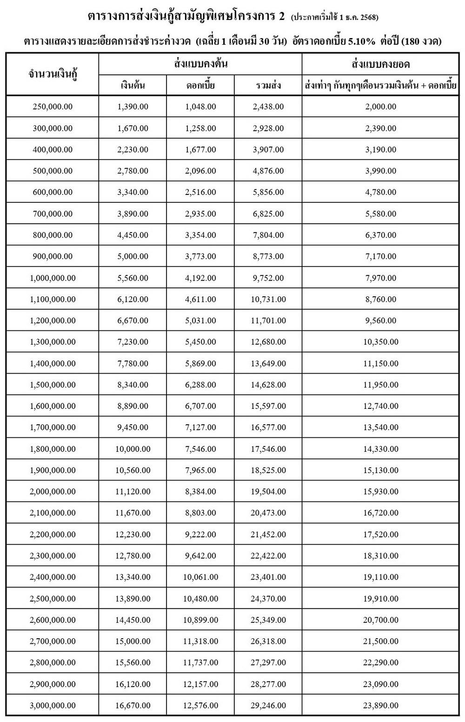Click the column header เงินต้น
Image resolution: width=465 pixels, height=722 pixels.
[133, 86]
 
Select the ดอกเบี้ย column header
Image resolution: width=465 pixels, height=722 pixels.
[200, 86]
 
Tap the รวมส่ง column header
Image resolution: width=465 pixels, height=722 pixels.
[268, 86]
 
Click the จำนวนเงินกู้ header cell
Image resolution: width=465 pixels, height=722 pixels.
[53, 74]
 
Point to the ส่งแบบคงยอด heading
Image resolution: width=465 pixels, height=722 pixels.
[380, 64]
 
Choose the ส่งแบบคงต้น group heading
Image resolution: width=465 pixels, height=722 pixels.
[200, 64]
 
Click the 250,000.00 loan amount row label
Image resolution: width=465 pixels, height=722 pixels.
[53, 107]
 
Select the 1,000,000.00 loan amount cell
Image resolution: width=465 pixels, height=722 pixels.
[53, 278]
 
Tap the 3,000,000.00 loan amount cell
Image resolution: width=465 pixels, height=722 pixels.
[53, 705]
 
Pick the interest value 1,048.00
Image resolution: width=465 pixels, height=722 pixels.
[200, 107]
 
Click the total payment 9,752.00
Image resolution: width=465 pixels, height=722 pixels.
[268, 278]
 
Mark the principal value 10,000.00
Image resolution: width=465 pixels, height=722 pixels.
[133, 449]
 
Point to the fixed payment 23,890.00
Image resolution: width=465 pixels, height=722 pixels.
[380, 705]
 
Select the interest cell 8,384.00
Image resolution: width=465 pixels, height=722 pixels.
[200, 492]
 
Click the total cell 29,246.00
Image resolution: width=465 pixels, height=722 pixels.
[268, 705]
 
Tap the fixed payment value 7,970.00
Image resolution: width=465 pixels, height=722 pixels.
[380, 278]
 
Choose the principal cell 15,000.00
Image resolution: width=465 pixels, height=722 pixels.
[133, 642]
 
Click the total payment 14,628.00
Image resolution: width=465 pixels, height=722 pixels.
[268, 385]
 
